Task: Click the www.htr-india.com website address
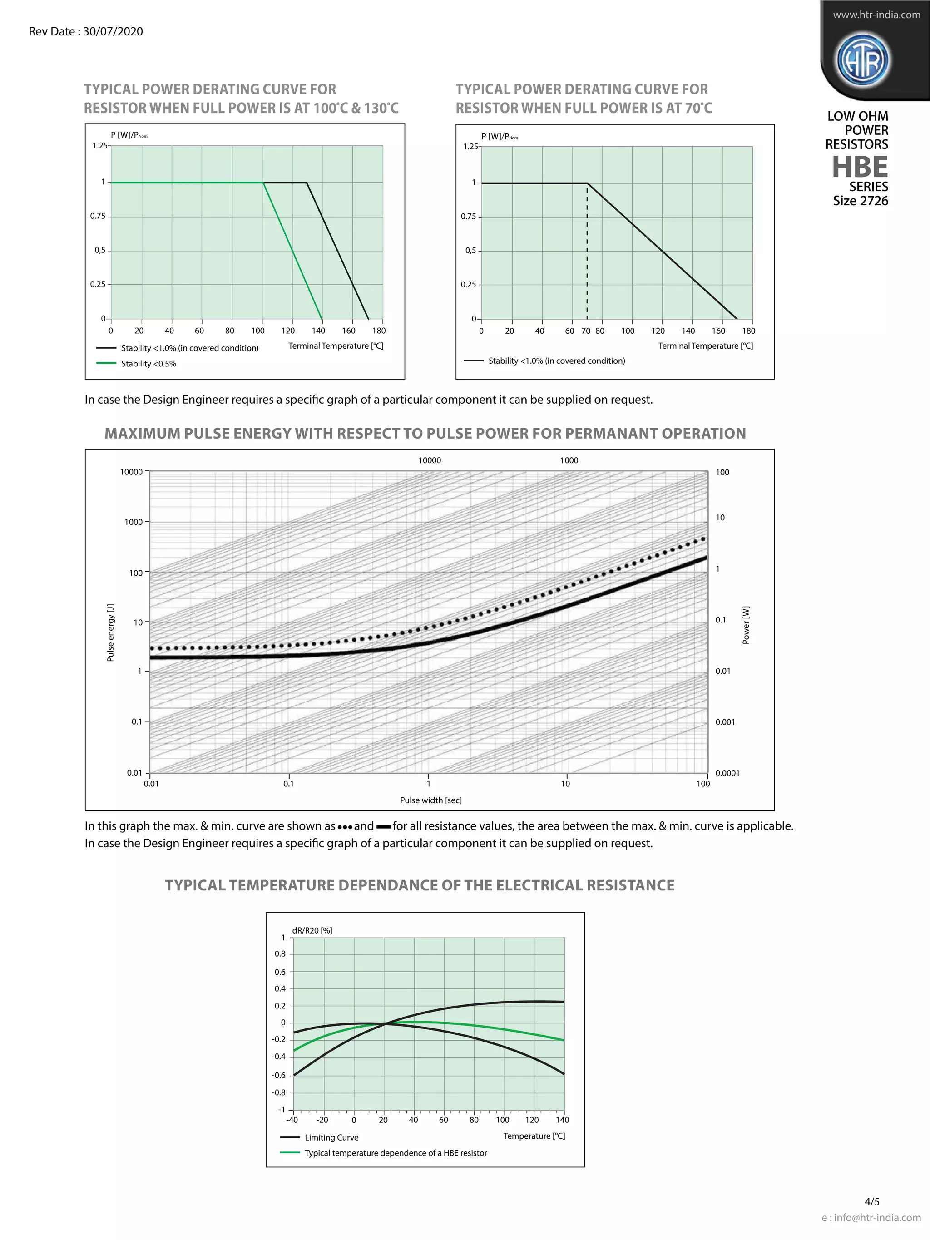(x=876, y=15)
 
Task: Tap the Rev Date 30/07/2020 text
(x=86, y=31)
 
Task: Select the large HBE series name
(x=860, y=167)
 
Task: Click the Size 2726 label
(x=861, y=201)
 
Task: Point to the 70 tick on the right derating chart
(x=586, y=331)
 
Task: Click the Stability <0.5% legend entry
(x=148, y=364)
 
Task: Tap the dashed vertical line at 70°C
(x=587, y=252)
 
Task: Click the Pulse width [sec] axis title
(x=430, y=800)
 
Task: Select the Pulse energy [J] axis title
(x=110, y=633)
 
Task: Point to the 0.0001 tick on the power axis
(x=727, y=773)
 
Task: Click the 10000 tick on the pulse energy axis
(x=132, y=472)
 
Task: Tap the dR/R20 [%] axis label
(x=312, y=930)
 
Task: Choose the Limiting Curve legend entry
(x=331, y=1137)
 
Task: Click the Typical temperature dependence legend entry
(x=395, y=1153)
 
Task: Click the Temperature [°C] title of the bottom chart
(x=534, y=1136)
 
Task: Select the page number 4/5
(x=872, y=1202)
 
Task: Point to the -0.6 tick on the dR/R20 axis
(x=279, y=1075)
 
